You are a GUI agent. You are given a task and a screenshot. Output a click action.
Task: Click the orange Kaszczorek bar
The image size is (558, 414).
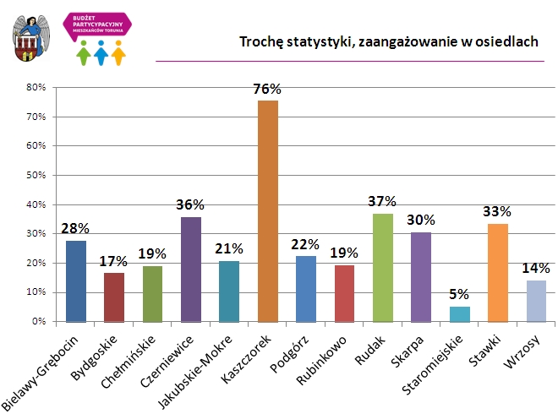268,211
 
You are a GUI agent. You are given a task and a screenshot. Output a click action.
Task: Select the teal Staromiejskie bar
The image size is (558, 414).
460,314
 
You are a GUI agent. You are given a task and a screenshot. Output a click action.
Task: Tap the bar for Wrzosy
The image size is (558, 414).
537,302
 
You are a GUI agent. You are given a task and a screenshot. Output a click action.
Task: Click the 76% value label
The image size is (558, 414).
267,89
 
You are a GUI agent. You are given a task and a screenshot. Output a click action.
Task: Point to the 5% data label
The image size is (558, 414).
460,295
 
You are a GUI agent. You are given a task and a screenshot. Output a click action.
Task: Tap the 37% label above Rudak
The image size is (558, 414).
382,201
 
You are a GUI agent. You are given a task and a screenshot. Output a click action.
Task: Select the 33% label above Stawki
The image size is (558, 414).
498,211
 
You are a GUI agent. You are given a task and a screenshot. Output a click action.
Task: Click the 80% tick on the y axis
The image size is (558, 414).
36,87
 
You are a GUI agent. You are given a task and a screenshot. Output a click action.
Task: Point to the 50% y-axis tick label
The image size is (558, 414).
36,175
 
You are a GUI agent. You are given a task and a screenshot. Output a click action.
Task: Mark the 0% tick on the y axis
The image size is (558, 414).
38,322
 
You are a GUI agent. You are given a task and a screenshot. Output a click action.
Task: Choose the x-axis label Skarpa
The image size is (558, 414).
408,346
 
